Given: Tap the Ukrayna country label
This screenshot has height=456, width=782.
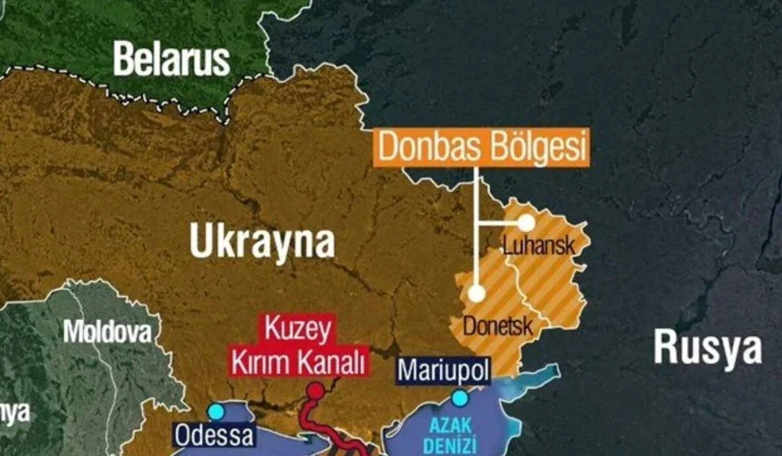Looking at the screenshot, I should [262, 242].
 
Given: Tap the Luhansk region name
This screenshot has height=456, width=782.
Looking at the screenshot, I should [539, 246].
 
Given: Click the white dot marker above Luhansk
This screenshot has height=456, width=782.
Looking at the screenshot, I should [526, 223].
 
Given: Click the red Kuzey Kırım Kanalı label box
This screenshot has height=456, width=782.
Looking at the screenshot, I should [298, 346].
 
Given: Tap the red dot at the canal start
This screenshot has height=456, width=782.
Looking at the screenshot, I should [315, 391].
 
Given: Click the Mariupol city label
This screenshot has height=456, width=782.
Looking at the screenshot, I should [444, 370].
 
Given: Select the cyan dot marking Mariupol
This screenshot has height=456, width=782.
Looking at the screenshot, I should [460, 397].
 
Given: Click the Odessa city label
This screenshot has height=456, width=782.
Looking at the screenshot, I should [214, 435].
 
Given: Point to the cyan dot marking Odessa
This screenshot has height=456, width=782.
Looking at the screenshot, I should [216, 412].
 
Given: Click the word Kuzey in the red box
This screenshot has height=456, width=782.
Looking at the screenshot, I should [298, 331].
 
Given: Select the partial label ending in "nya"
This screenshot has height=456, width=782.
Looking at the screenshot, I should [14, 412].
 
